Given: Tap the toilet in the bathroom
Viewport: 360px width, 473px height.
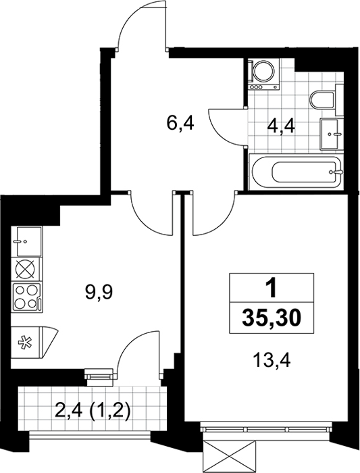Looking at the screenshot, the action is [326, 100].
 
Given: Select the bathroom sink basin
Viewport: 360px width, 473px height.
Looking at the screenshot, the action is [330, 134].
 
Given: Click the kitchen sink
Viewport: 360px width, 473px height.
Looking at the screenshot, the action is [26, 242].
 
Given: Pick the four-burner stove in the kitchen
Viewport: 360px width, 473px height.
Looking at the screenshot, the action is [26, 297].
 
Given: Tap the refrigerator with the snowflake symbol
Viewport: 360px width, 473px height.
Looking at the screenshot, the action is [32, 343].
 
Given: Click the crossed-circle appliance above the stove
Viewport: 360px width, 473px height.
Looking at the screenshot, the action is [26, 270].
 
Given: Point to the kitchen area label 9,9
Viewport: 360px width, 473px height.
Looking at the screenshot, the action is [99, 293].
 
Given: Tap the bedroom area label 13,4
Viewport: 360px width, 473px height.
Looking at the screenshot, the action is [272, 360].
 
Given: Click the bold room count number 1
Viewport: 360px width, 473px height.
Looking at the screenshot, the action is [272, 288].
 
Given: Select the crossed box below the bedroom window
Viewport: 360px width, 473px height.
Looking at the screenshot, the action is [230, 456].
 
